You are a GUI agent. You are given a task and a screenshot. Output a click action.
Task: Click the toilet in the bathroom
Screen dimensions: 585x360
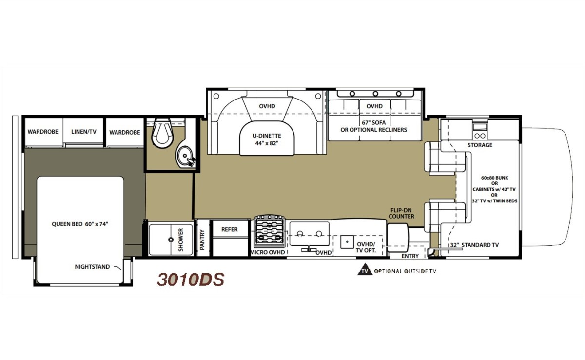[163, 133]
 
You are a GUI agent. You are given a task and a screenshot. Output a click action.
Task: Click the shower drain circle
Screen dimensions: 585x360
[171, 240]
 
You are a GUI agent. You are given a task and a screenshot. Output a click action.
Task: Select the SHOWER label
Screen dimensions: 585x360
[181, 240]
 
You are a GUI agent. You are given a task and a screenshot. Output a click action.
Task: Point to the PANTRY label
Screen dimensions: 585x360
[202, 240]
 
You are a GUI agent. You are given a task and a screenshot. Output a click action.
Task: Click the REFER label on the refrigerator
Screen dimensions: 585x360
[230, 229]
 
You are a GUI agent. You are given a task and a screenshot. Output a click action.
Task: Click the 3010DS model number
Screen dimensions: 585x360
[191, 280]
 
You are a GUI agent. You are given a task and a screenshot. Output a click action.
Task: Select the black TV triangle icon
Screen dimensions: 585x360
[365, 270]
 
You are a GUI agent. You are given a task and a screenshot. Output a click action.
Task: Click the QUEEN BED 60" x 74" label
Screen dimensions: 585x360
[80, 224]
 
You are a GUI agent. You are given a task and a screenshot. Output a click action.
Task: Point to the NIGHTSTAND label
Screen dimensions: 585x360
[92, 267]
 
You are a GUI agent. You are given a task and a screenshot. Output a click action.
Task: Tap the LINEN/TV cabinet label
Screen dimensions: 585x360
[84, 132]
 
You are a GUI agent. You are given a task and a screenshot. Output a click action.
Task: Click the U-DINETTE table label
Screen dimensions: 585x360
[267, 136]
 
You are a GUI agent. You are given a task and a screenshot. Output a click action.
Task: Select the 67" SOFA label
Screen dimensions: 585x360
[374, 122]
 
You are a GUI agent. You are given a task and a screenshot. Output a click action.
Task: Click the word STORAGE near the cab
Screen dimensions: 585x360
[480, 145]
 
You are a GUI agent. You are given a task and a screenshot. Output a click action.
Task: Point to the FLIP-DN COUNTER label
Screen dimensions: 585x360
[401, 213]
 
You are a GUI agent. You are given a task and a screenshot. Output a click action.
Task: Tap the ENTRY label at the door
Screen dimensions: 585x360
[410, 256]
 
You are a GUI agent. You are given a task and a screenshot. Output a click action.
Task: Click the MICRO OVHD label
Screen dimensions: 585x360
[268, 252]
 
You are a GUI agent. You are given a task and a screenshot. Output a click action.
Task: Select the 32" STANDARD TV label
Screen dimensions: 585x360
[474, 245]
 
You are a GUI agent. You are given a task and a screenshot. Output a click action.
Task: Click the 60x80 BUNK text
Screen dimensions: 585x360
[495, 178]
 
